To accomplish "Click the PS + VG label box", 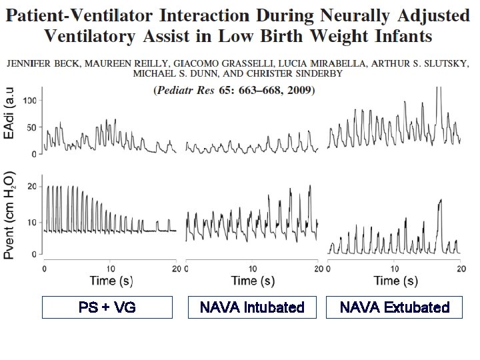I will click(x=107, y=307).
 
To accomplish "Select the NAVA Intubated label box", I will click(x=252, y=307).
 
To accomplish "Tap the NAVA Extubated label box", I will click(x=395, y=307).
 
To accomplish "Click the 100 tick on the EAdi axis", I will click(x=29, y=100).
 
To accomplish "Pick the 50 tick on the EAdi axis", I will click(x=31, y=127).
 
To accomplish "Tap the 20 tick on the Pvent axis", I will click(x=31, y=187).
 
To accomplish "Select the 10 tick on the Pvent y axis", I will click(x=31, y=221).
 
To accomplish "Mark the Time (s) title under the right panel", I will click(x=395, y=281).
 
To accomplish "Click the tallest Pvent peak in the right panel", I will click(x=440, y=200).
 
